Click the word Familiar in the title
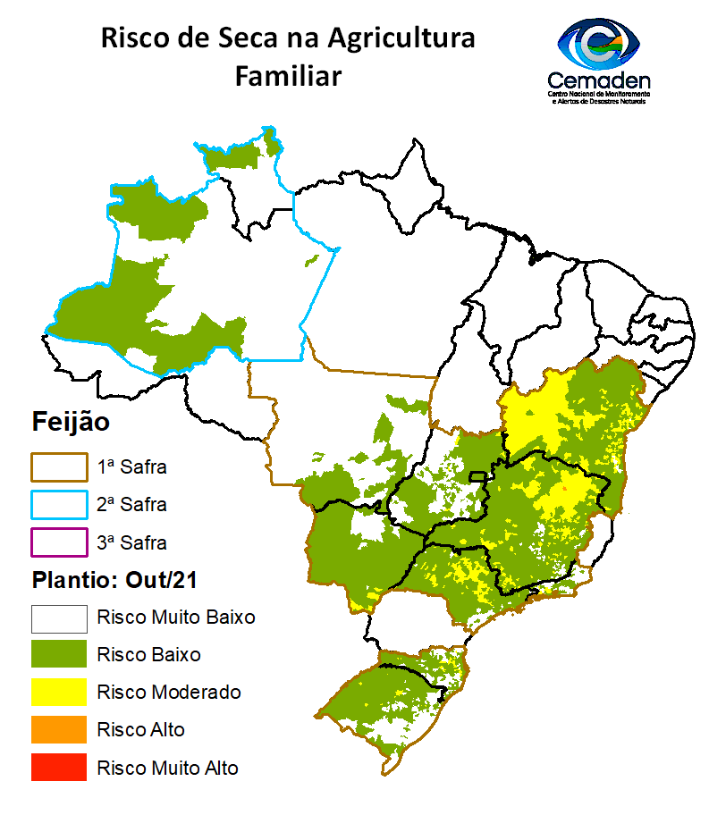pos(288,77)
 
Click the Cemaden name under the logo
pos(598,80)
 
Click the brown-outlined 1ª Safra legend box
pos(59,466)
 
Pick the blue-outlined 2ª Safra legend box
pos(59,504)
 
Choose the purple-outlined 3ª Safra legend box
pos(59,542)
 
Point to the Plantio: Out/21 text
pos(114,579)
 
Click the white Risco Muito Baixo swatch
pos(59,618)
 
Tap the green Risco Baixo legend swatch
pos(59,654)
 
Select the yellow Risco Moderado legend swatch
pos(59,692)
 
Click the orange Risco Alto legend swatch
pos(59,729)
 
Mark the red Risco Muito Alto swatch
pos(59,767)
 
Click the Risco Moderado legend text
pos(169,692)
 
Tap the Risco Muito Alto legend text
pos(168,767)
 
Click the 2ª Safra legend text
pos(131,504)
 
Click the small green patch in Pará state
pos(312,260)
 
